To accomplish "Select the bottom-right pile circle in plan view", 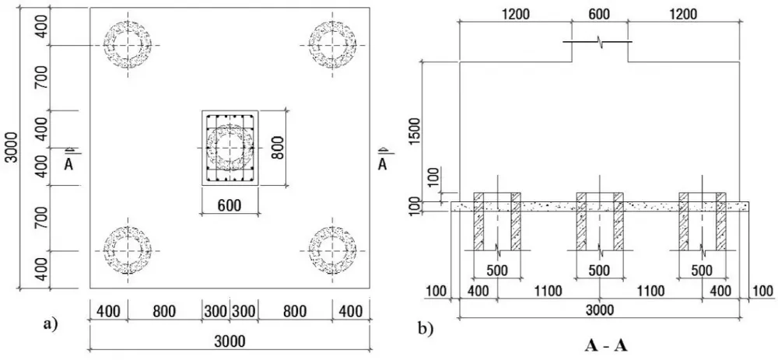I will pos(332,250).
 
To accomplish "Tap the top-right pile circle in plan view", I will pos(332,44).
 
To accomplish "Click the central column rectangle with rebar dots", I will pos(230,148).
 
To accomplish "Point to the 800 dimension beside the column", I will pos(278,147).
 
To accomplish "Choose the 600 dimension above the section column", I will pos(600,14).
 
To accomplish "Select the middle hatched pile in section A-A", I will pos(599,222).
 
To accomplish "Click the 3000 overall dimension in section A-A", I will pos(599,309).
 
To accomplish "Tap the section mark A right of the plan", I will pos(382,162).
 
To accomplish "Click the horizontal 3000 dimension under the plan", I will pos(230,341).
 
